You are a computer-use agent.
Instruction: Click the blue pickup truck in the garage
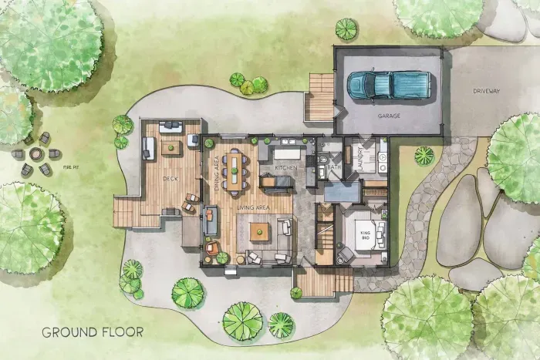coord(388,84)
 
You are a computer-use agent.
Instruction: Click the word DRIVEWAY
coord(487,91)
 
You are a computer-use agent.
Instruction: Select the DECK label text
coord(170,178)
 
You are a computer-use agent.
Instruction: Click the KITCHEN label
coord(286,167)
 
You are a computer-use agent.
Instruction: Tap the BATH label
coord(333,166)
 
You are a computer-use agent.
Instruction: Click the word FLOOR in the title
coord(122,333)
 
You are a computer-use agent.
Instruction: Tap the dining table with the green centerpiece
coord(234,170)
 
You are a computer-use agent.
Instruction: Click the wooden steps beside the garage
coord(319,97)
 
